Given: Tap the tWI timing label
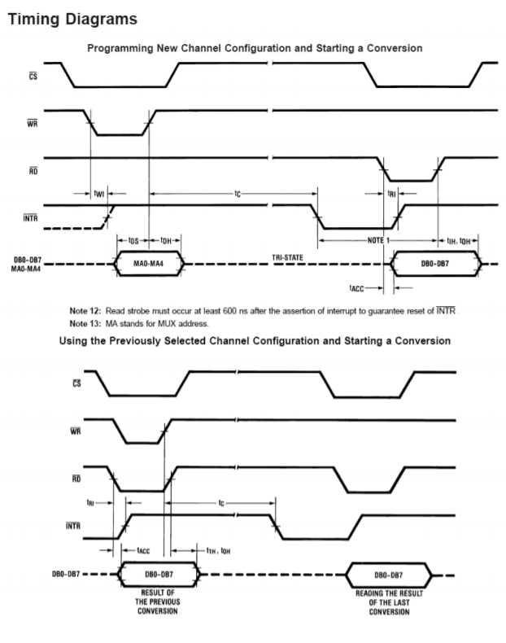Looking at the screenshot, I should pos(98,193).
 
